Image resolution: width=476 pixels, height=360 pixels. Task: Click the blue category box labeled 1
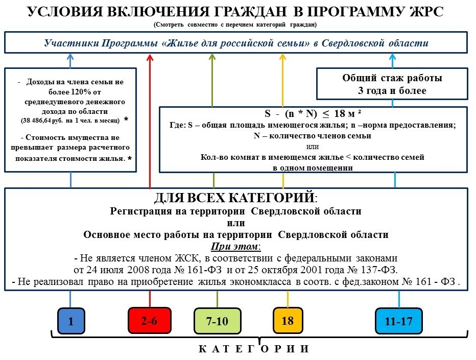point(70,321)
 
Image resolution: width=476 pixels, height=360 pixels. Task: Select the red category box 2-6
point(149,321)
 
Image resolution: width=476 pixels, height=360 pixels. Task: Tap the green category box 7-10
point(217,322)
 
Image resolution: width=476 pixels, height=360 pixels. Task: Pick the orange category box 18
point(288,321)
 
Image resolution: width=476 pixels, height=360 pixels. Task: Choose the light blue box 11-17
point(399,321)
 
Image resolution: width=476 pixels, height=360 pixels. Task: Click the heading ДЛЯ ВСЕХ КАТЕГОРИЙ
point(235,198)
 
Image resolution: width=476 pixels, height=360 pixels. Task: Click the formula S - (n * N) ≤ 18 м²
point(314,113)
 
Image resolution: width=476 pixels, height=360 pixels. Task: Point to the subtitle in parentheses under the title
point(235,25)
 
